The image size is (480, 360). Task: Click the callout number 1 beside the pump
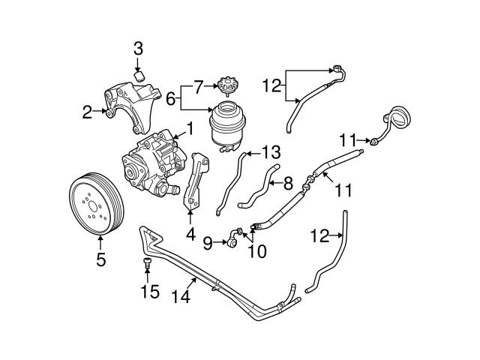point(190,129)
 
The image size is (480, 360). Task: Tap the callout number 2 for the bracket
point(88,113)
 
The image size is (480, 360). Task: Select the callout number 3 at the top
point(138,49)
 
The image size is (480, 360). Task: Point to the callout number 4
point(190,234)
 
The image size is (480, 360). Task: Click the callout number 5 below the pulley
point(101,260)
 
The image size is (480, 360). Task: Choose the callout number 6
point(170,98)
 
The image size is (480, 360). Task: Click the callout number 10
point(256,251)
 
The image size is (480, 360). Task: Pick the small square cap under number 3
point(139,74)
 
